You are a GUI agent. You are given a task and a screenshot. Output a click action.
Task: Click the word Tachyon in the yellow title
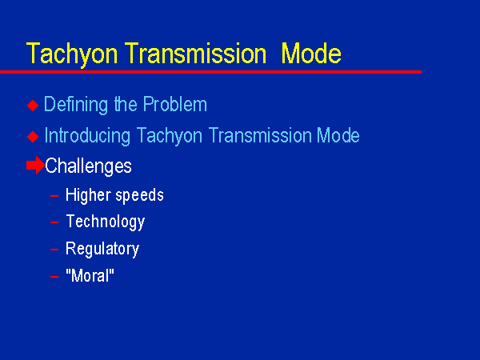pyautogui.click(x=72, y=54)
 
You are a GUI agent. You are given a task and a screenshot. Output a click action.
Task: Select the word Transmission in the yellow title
pyautogui.click(x=196, y=54)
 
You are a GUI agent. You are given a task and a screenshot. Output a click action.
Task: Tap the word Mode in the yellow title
pyautogui.click(x=311, y=54)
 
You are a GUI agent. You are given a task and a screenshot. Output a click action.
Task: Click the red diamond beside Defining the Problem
pyautogui.click(x=33, y=106)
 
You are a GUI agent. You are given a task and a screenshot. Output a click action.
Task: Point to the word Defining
pyautogui.click(x=76, y=105)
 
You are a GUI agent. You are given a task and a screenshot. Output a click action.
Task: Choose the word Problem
pyautogui.click(x=175, y=104)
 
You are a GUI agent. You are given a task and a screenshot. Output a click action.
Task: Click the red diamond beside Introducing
pyautogui.click(x=33, y=137)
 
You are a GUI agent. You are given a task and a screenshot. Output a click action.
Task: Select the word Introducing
pyautogui.click(x=87, y=136)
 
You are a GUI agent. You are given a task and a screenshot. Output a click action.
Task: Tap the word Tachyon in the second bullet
pyautogui.click(x=170, y=136)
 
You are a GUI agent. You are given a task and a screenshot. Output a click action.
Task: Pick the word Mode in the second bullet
pyautogui.click(x=338, y=135)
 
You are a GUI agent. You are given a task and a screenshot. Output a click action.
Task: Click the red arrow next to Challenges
pyautogui.click(x=35, y=166)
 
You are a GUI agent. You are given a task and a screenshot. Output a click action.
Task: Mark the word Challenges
pyautogui.click(x=88, y=166)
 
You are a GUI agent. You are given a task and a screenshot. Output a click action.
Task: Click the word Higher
pyautogui.click(x=88, y=195)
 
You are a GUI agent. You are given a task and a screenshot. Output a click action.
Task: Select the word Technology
pyautogui.click(x=106, y=222)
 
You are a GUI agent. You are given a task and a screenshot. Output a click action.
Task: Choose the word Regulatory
pyautogui.click(x=102, y=249)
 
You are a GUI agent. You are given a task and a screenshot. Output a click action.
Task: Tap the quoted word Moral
pyautogui.click(x=90, y=275)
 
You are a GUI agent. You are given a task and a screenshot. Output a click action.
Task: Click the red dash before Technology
pyautogui.click(x=54, y=222)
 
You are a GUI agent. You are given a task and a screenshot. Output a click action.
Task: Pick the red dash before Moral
pyautogui.click(x=54, y=277)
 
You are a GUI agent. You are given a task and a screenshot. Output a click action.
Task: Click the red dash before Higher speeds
pyautogui.click(x=54, y=196)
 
